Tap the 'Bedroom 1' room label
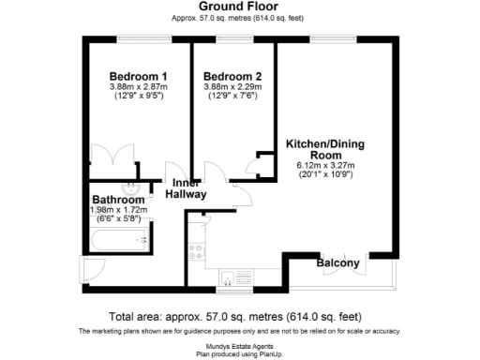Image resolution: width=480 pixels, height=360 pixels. pos(138,77)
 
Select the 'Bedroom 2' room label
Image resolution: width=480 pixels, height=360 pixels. pos(232,77)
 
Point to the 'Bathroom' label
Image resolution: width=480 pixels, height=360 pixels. pos(118,200)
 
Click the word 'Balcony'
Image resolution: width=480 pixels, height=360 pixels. pos(337,263)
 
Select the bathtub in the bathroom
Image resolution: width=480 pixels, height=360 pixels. pos(117,244)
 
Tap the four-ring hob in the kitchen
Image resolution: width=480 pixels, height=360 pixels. pos(197,251)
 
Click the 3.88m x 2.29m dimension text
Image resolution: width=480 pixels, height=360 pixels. pos(232,87)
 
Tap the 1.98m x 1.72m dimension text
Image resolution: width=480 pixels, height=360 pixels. pos(118,210)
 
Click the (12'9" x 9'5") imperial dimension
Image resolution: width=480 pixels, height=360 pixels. pos(138,97)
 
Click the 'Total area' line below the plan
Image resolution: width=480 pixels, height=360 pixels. pos(239,316)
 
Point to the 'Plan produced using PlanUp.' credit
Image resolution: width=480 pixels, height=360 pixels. pos(239,353)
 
